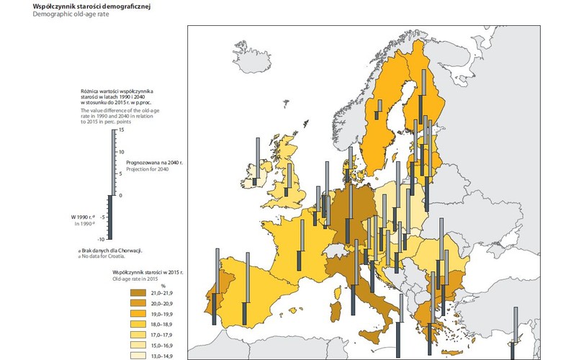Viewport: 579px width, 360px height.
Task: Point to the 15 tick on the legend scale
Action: tap(122, 131)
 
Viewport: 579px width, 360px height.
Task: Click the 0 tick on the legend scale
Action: tap(122, 195)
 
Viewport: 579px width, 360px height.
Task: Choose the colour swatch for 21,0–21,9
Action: tap(138, 294)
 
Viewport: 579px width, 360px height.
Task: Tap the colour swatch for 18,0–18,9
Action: tap(138, 325)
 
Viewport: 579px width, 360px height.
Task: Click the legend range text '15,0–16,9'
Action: tap(163, 346)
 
